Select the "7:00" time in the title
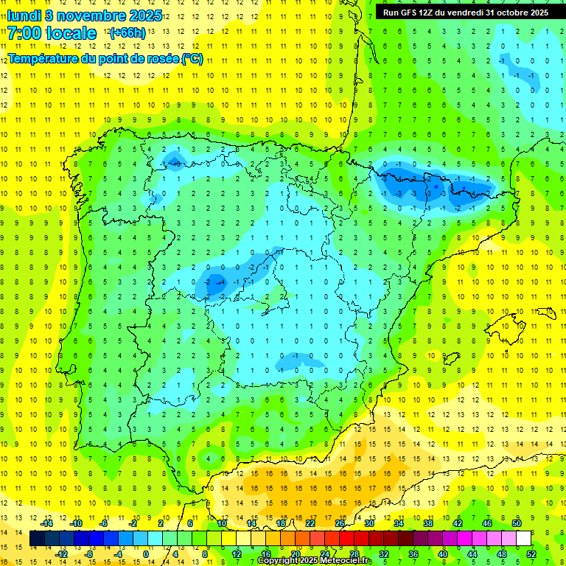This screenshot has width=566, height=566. [x=24, y=33]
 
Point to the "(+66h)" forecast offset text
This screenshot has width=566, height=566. [x=127, y=33]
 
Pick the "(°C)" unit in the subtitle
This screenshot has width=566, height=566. [x=192, y=59]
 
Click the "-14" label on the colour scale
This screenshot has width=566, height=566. [x=47, y=523]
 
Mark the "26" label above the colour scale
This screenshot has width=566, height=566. [x=340, y=523]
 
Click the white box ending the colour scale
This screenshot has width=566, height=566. [x=523, y=539]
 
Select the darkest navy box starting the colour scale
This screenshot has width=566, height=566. [x=37, y=539]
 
